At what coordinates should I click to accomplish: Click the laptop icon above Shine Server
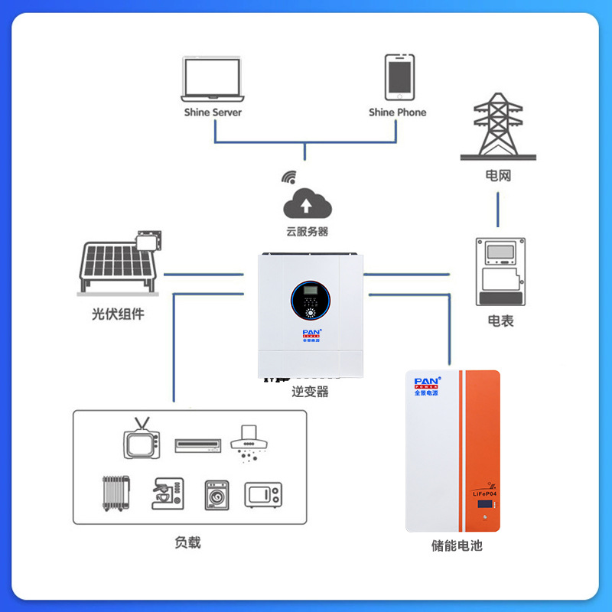[x=213, y=78]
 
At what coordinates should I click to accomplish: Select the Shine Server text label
[x=213, y=112]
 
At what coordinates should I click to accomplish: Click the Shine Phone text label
[x=398, y=112]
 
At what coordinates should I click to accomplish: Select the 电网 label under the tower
[x=498, y=176]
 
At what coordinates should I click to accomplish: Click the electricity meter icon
[x=501, y=273]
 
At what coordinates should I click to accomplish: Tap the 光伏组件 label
[x=118, y=314]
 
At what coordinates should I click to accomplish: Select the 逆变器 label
[x=310, y=392]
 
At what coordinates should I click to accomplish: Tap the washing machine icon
[x=217, y=495]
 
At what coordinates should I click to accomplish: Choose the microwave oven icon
[x=263, y=494]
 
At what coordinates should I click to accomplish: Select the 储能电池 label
[x=457, y=546]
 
